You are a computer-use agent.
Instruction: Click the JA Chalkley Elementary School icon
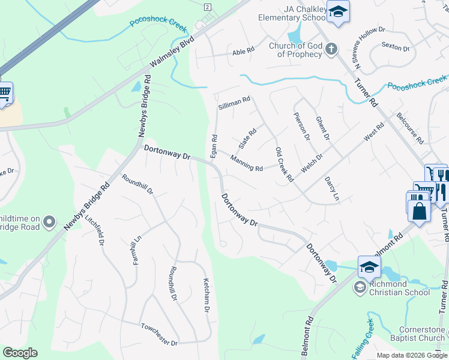pyautogui.click(x=339, y=13)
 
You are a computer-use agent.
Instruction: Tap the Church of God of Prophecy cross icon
pyautogui.click(x=331, y=48)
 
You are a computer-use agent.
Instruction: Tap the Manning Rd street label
pyautogui.click(x=246, y=163)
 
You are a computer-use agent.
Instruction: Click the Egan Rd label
pyautogui.click(x=213, y=146)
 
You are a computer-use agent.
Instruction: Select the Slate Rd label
pyautogui.click(x=248, y=138)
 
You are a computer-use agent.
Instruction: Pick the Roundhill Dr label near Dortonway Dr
pyautogui.click(x=137, y=185)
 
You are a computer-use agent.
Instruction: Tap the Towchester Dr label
pyautogui.click(x=159, y=335)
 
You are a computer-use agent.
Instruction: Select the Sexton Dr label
pyautogui.click(x=395, y=47)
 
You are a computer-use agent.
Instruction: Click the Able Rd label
pyautogui.click(x=243, y=52)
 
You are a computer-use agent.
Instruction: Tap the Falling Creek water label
pyautogui.click(x=363, y=338)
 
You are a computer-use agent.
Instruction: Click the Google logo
pyautogui.click(x=20, y=353)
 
